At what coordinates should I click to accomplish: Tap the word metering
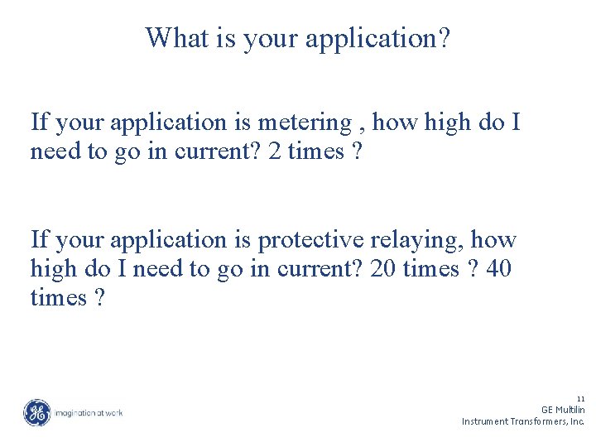pos(305,123)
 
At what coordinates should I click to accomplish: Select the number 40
pos(499,269)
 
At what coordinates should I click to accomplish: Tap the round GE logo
pos(36,412)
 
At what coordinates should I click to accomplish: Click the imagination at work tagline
pos(89,412)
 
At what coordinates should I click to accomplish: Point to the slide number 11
pos(580,398)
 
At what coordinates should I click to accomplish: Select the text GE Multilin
pos(563,410)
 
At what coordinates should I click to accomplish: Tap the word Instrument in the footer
pos(485,421)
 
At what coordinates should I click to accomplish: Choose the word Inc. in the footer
pos(577,421)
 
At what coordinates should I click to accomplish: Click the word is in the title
pos(226,38)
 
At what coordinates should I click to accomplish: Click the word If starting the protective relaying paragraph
pos(39,241)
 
